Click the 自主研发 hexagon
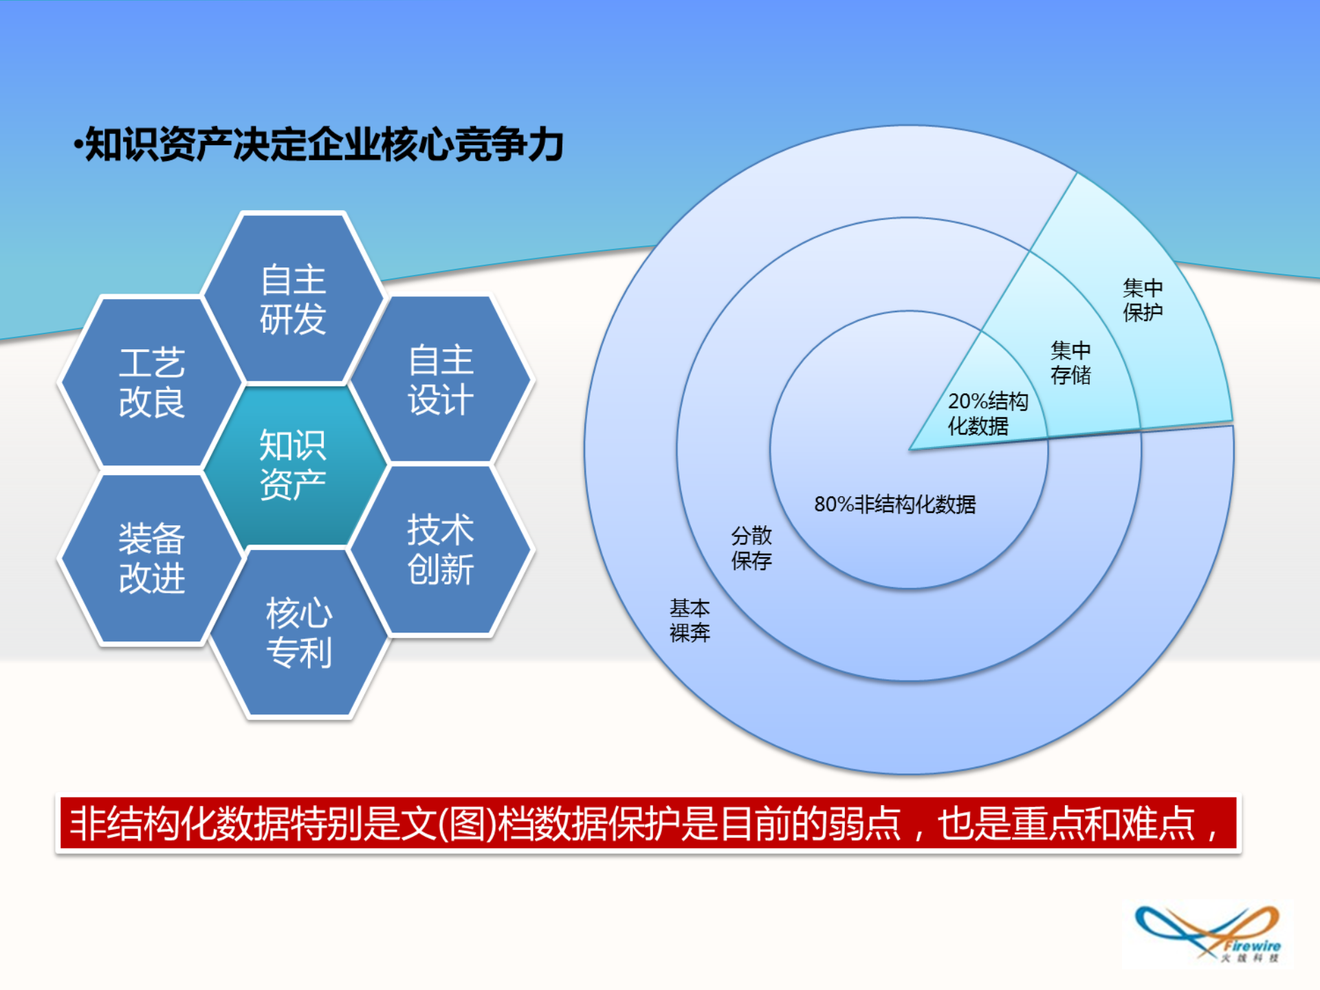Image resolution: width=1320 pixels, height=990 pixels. [x=293, y=298]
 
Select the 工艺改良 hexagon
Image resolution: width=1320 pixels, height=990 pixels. [x=151, y=382]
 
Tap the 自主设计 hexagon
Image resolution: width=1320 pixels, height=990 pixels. [x=440, y=379]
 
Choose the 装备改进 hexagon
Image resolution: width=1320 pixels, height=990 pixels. [x=151, y=558]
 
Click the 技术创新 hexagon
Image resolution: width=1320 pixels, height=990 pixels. [x=440, y=549]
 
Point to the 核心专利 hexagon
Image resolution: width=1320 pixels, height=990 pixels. [x=299, y=632]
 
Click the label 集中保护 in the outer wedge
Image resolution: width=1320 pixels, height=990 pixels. [x=1142, y=300]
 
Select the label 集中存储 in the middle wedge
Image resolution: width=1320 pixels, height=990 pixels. [x=1070, y=362]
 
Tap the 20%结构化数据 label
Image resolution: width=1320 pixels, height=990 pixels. [x=987, y=413]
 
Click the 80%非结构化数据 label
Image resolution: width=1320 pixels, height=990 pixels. [x=894, y=504]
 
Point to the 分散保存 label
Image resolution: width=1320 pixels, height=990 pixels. [x=751, y=548]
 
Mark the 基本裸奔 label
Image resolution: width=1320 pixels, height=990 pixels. [x=690, y=620]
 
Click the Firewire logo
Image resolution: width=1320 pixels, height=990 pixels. [x=1207, y=934]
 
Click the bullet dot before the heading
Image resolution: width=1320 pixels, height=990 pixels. [x=78, y=145]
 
